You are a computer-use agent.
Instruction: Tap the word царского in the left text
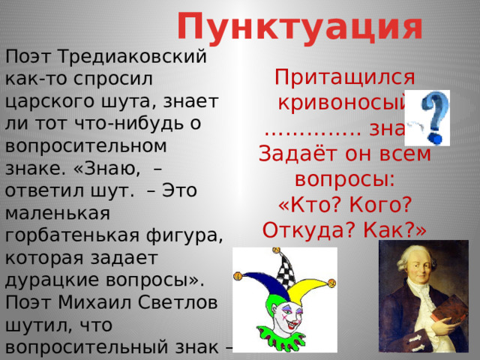45,99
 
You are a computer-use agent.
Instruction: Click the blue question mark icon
433,118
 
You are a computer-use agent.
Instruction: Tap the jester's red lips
283,316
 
